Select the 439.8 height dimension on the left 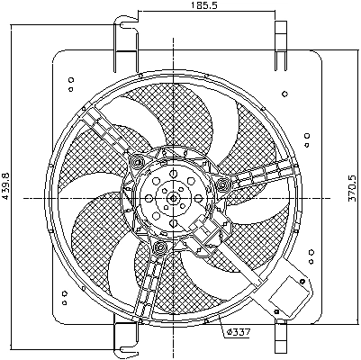[7, 188]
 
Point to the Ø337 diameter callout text [238, 335]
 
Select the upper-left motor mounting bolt [137, 163]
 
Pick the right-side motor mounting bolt [221, 184]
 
